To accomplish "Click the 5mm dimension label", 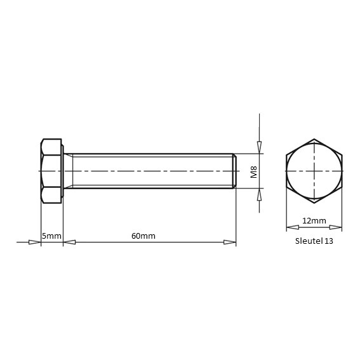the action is point(51,236).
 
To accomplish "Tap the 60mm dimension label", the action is point(143,236).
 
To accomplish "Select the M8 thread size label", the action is point(254,172).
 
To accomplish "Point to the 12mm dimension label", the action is point(314,221).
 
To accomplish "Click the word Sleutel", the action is point(309,241).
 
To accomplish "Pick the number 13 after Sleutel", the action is point(328,241).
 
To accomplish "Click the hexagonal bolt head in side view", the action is point(51,171).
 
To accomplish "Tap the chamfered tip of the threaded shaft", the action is point(235,171).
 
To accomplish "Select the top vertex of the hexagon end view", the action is point(314,139).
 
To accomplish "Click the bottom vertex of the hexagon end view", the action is point(314,203).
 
